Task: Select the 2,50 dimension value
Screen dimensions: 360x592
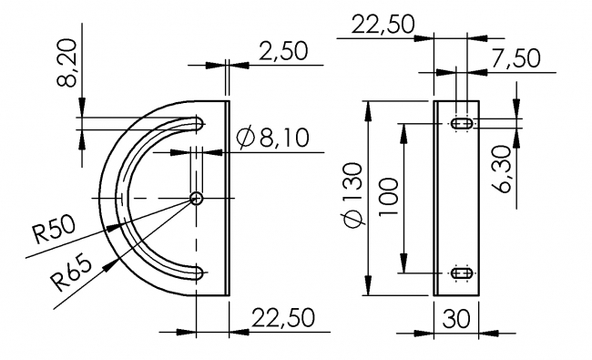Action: (x=282, y=51)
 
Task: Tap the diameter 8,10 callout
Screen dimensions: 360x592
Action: (x=272, y=139)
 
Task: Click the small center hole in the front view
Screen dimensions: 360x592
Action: (x=196, y=198)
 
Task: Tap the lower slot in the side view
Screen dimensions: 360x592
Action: (x=461, y=273)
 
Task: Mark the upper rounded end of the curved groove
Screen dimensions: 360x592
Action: (x=197, y=123)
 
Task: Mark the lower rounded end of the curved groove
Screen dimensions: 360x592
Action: (x=197, y=272)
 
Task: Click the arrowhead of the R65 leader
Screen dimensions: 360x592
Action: (x=112, y=263)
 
